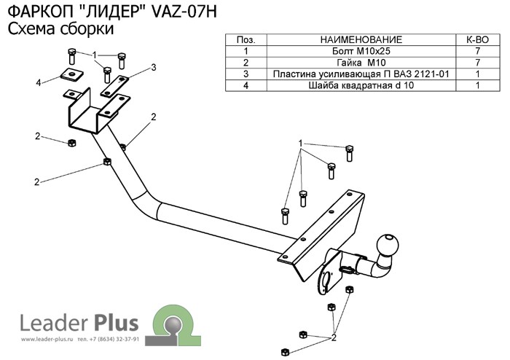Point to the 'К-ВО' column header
476,40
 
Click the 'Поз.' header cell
246,40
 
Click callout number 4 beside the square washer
38,83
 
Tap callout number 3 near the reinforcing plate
154,68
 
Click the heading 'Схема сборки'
60,29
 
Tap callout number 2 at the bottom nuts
333,337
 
